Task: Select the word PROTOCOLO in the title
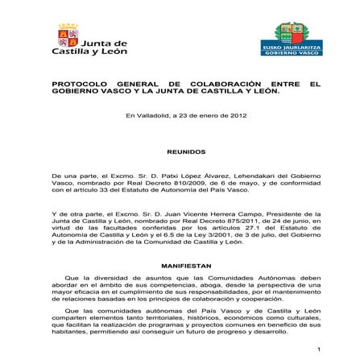tap(79, 84)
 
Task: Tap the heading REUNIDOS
tap(186, 151)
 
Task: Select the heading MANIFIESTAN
tap(186, 264)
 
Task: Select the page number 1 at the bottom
tap(319, 350)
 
